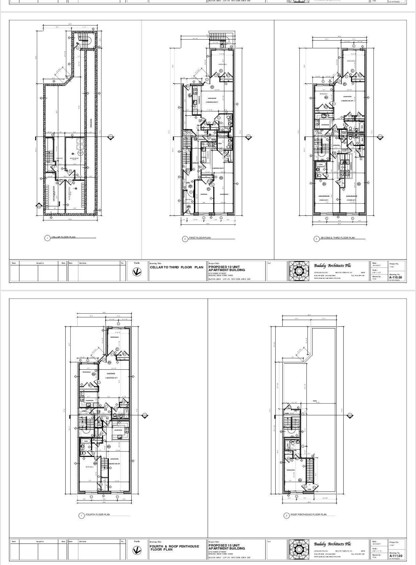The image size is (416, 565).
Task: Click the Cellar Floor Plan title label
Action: coord(63,237)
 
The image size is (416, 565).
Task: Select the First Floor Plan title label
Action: coord(200,238)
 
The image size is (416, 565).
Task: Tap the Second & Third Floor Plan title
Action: coord(337,238)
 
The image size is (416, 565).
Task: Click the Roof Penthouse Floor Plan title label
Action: coord(308,514)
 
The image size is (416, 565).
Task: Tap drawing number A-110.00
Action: coord(396,278)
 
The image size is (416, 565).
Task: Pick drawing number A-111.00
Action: coord(396,556)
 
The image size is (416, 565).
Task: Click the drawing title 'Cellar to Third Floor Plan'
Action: coord(176,267)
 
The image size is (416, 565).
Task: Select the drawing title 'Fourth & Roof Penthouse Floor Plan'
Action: coord(174,548)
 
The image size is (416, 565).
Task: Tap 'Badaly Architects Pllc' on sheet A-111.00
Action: coord(332,544)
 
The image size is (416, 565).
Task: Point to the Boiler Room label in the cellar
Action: coord(74,158)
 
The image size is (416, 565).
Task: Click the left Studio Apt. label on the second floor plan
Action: coord(324,200)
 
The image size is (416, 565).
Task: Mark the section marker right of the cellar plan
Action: coord(111,137)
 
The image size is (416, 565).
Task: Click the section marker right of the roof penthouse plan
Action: coord(350,416)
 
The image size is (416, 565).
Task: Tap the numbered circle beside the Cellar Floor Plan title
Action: coord(48,238)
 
